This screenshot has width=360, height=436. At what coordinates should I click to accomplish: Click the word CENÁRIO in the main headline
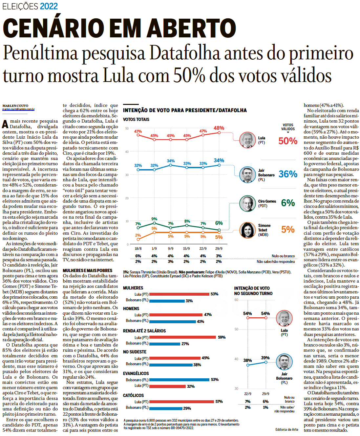[53, 28]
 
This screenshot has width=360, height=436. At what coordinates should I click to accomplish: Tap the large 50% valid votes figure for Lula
[288, 141]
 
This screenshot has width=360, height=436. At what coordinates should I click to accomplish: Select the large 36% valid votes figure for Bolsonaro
[288, 174]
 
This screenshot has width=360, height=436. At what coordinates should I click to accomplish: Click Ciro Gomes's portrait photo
[247, 203]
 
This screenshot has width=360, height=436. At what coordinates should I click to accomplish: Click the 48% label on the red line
[219, 128]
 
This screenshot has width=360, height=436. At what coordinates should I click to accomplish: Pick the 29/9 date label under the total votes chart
[219, 248]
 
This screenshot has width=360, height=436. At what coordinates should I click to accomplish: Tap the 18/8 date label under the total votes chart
[138, 248]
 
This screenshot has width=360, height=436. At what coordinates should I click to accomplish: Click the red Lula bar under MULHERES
[179, 294]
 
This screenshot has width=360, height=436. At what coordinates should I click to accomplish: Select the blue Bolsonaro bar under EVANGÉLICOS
[179, 380]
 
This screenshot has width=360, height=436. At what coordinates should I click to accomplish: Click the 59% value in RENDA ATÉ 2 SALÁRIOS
[222, 337]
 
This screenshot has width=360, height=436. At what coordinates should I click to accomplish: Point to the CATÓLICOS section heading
[133, 395]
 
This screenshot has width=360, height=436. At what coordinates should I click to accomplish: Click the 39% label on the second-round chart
[265, 358]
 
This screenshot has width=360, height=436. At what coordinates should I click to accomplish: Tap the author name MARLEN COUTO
[15, 106]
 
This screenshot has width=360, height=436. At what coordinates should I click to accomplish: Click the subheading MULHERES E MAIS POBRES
[87, 270]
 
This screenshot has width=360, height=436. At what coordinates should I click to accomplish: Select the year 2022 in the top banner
[49, 6]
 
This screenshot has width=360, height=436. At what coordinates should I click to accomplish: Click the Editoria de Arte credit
[286, 429]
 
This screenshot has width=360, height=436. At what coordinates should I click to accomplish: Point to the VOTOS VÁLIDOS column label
[288, 127]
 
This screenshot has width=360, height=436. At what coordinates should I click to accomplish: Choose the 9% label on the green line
[154, 219]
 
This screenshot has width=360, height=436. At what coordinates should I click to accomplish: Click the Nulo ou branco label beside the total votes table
[283, 256]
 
